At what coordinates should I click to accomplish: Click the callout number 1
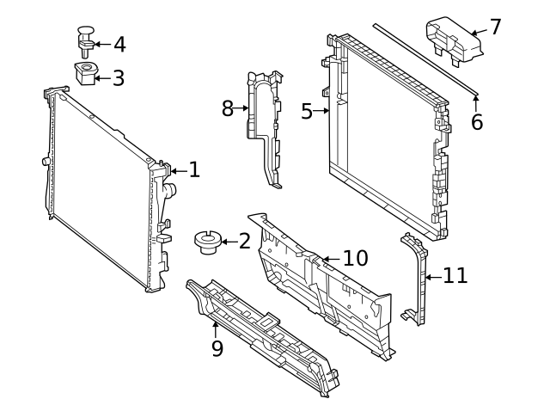click(194, 170)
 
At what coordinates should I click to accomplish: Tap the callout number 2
click(244, 242)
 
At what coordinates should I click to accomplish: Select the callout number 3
click(118, 78)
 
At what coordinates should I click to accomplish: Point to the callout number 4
click(119, 45)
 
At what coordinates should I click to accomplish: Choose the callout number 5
click(308, 111)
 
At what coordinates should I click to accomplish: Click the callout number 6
click(477, 122)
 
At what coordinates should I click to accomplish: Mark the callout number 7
click(494, 27)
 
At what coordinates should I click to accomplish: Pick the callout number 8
click(228, 108)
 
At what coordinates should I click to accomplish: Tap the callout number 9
click(217, 348)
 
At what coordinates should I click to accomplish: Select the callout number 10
click(355, 258)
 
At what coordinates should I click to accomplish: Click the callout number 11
click(455, 276)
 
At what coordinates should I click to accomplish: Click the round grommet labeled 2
click(206, 242)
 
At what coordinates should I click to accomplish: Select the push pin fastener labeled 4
click(84, 40)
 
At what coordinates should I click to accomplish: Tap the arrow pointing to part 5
click(323, 111)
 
